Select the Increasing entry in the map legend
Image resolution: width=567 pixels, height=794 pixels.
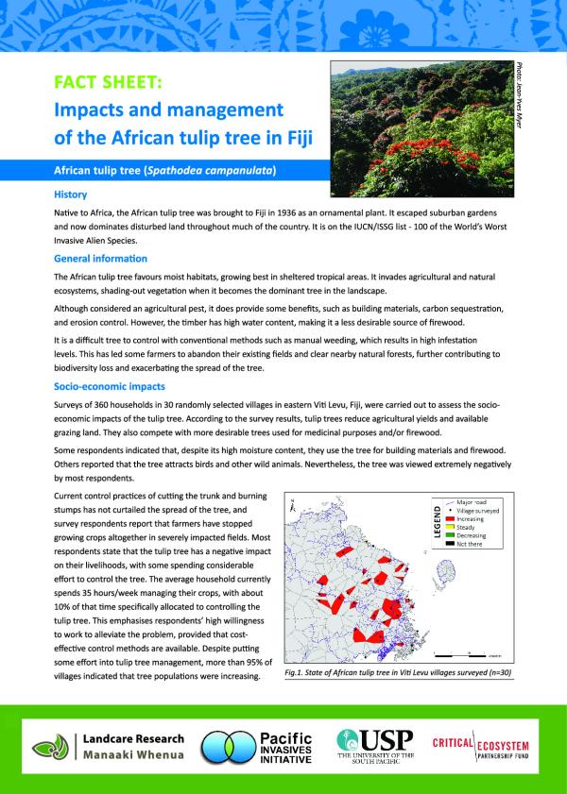point(470,519)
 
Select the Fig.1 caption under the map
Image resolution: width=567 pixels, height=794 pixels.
point(397,675)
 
